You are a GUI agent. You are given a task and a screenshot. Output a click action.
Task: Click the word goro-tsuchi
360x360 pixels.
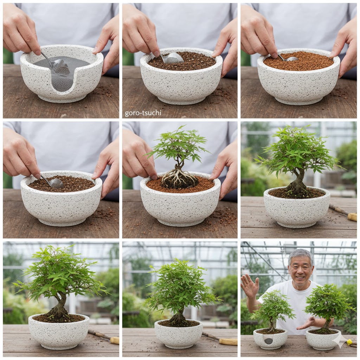143,113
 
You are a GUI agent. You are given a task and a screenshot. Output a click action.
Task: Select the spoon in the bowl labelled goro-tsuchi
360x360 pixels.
173,58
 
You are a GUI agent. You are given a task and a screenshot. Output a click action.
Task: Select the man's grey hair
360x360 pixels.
300,254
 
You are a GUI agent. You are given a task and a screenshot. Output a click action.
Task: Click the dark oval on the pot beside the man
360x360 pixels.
268,341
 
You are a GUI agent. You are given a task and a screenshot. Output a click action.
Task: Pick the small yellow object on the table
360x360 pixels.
349,341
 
